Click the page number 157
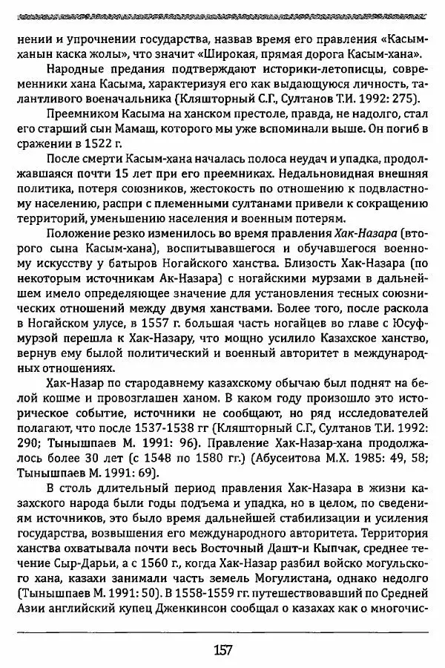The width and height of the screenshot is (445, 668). click(222, 650)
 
